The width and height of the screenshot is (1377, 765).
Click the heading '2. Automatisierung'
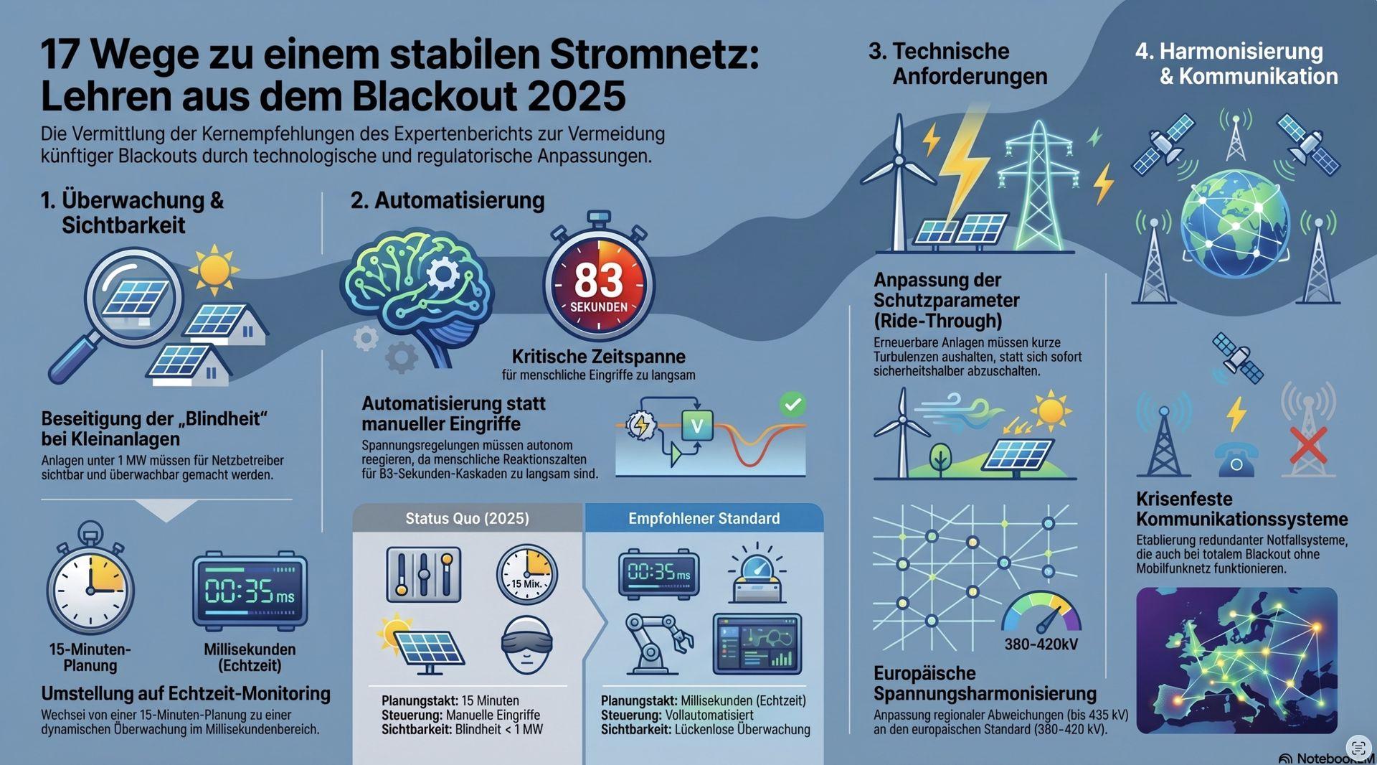point(448,200)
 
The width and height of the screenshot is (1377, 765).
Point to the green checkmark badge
point(792,405)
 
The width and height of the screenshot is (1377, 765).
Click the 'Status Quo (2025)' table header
point(467,518)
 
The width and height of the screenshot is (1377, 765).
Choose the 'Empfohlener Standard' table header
point(704,518)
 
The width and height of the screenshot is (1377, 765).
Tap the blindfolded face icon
point(526,644)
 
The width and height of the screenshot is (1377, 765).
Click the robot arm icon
point(657,643)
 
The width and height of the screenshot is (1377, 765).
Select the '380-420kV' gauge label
point(1041,644)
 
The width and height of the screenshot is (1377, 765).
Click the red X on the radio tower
point(1308,446)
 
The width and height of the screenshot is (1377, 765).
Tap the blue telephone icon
point(1235,459)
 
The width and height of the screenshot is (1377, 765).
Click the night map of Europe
point(1237,660)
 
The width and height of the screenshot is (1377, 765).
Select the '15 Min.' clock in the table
point(526,573)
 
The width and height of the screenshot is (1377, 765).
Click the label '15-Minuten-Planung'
point(90,657)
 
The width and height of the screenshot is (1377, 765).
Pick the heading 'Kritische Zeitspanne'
point(598,357)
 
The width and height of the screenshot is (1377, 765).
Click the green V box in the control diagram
point(696,426)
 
